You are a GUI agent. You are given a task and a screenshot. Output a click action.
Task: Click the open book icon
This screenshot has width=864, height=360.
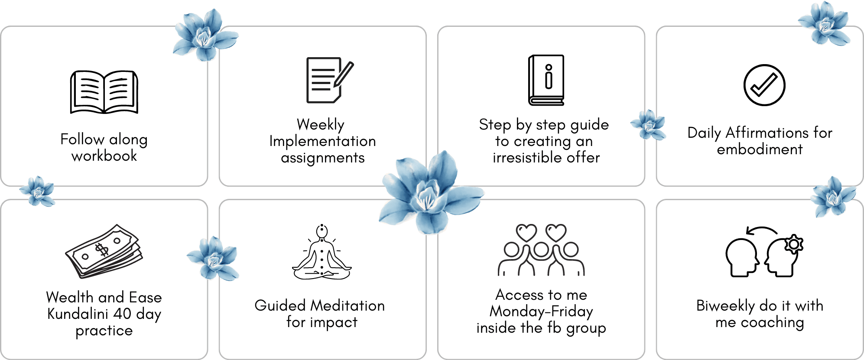(x=104, y=92)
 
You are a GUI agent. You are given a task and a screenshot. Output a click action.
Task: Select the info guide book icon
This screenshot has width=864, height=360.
(x=546, y=80)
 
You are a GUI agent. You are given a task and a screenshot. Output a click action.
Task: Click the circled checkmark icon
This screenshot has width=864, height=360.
(x=764, y=85)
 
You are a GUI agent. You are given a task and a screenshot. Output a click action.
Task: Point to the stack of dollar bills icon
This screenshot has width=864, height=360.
(x=104, y=251)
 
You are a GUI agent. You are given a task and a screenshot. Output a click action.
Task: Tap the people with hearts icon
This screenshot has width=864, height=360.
(x=541, y=250)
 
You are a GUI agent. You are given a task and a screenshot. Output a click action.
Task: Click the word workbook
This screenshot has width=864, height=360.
(x=104, y=156)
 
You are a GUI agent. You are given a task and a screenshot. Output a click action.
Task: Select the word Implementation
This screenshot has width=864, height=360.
(x=322, y=141)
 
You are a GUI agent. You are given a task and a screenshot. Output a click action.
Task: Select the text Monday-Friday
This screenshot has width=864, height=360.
(x=541, y=311)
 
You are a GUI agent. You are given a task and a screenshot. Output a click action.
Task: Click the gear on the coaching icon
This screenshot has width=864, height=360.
(x=794, y=245)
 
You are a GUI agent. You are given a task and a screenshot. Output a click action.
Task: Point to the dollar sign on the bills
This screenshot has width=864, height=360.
(x=102, y=250)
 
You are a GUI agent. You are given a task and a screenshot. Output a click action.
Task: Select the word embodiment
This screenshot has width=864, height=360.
(x=760, y=149)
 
